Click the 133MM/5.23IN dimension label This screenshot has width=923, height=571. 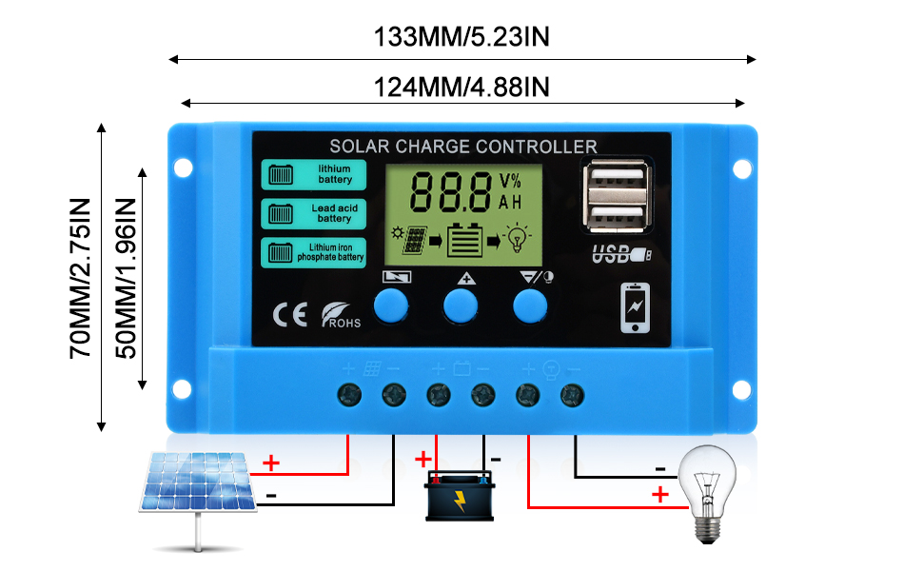point(462,37)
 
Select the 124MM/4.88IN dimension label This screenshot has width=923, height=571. point(462,87)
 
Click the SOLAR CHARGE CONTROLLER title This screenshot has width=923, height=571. point(463,147)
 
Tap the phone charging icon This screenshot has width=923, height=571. point(636,307)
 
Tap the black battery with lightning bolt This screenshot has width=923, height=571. point(459,495)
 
